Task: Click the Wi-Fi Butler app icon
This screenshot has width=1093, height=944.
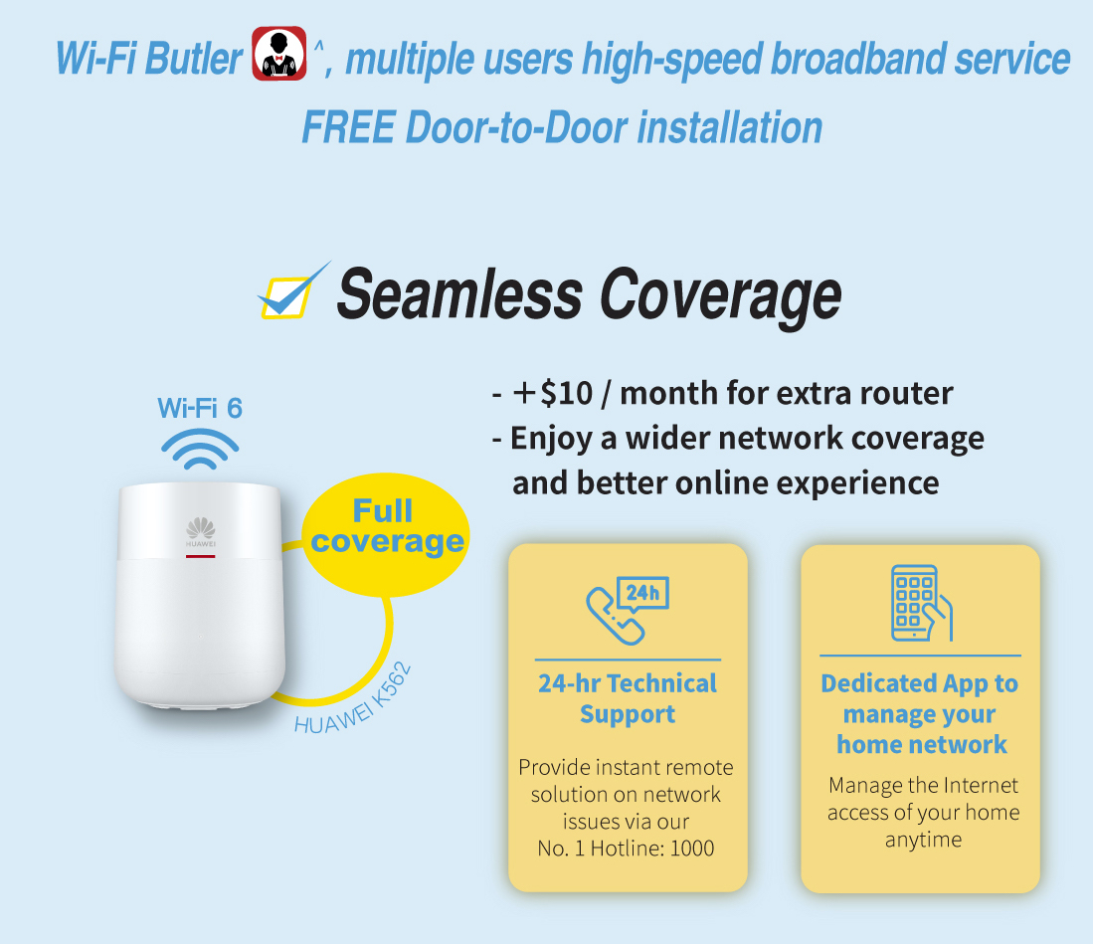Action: [278, 54]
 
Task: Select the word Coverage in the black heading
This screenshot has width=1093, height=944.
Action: [720, 297]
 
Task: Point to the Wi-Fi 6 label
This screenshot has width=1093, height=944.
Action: [200, 408]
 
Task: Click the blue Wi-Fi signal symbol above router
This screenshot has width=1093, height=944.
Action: [200, 449]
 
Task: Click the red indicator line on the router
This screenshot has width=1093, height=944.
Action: [200, 556]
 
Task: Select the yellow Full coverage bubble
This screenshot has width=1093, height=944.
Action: [386, 535]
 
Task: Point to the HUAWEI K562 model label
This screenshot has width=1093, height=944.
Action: [353, 699]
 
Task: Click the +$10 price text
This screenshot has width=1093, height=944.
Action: [553, 393]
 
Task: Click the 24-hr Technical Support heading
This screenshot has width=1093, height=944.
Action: [628, 698]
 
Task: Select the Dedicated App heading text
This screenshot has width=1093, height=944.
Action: [920, 714]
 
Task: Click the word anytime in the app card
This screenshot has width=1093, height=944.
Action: [923, 840]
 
